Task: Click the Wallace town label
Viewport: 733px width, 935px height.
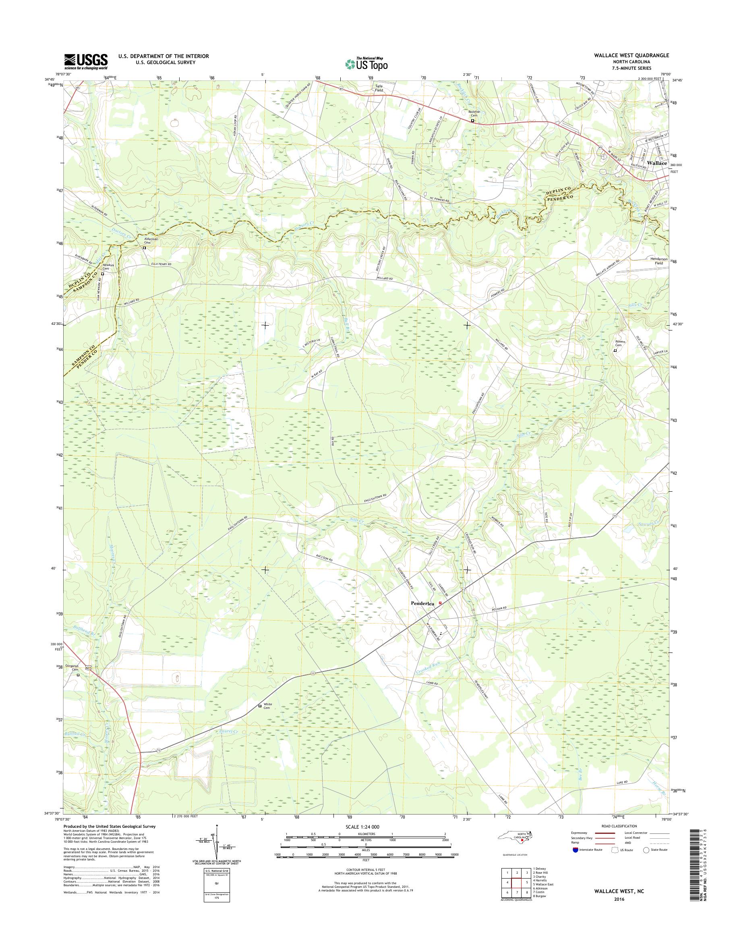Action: point(657,163)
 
